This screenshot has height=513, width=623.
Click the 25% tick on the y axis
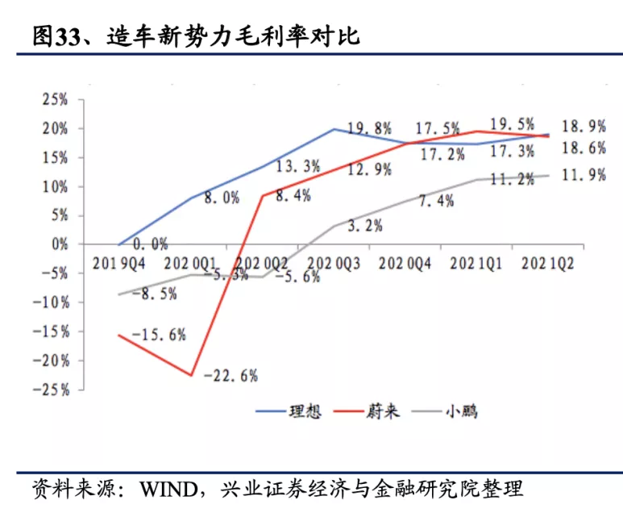pyautogui.click(x=54, y=100)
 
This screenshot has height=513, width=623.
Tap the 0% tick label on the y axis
pyautogui.click(x=61, y=244)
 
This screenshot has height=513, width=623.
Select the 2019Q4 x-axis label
pyautogui.click(x=120, y=264)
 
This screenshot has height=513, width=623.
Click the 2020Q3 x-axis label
pyautogui.click(x=333, y=264)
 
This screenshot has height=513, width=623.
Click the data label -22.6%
pyautogui.click(x=231, y=374)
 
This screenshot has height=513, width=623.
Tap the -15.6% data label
pyautogui.click(x=160, y=333)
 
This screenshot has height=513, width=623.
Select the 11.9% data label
pyautogui.click(x=584, y=174)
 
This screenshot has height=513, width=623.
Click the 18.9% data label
pyautogui.click(x=584, y=126)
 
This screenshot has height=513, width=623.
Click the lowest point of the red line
pyautogui.click(x=191, y=375)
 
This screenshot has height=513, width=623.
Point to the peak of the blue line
pyautogui.click(x=334, y=129)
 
